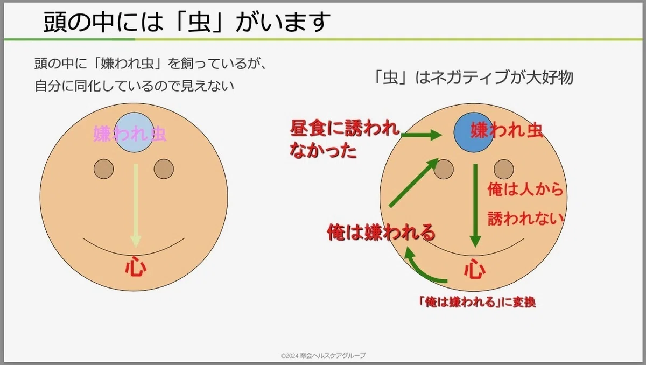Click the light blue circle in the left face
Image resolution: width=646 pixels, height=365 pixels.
click(x=134, y=132)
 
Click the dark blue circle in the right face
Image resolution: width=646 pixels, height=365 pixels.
click(x=473, y=132)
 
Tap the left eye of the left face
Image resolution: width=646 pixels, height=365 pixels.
click(x=103, y=169)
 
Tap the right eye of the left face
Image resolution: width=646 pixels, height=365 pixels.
click(x=164, y=169)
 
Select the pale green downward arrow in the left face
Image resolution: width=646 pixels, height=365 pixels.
click(x=136, y=206)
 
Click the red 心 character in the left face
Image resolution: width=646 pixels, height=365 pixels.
click(x=136, y=266)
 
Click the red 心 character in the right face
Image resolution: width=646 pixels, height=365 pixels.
click(x=475, y=269)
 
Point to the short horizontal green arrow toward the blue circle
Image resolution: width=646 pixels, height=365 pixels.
click(x=422, y=135)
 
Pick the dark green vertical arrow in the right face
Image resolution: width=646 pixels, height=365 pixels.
click(x=475, y=206)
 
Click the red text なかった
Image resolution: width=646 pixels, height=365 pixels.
click(x=324, y=150)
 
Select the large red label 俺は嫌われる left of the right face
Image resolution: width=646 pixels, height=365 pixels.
click(x=381, y=233)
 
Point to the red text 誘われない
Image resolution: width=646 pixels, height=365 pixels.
click(x=525, y=218)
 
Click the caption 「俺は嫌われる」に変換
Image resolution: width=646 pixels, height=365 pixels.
click(x=478, y=302)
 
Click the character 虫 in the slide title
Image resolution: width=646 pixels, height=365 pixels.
click(x=199, y=22)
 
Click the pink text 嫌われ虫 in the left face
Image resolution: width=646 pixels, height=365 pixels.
click(x=130, y=134)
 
